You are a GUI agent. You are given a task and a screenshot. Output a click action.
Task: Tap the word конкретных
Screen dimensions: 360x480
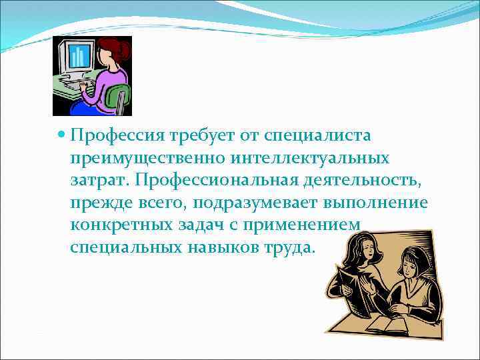point(117,226)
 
